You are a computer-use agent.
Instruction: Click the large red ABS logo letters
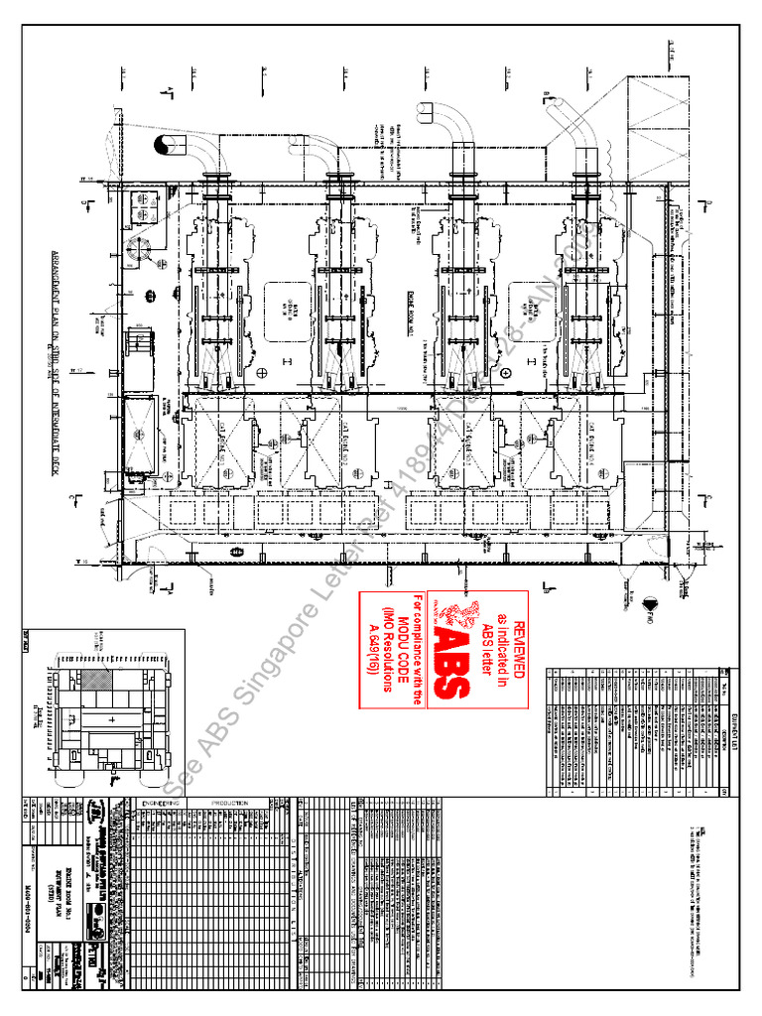pyautogui.click(x=451, y=653)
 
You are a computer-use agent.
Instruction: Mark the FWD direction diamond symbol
pyautogui.click(x=651, y=602)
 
